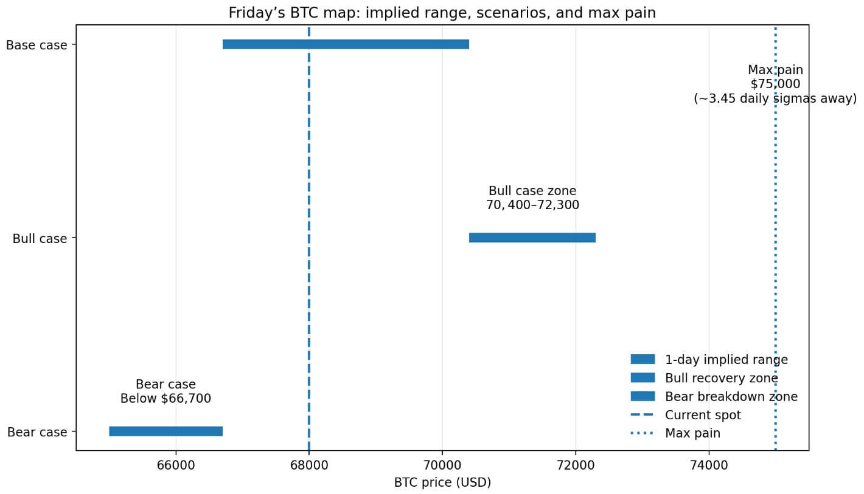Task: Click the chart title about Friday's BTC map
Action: tap(442, 13)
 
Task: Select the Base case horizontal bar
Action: tap(346, 44)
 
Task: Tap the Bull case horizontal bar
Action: tap(532, 238)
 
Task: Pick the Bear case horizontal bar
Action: tap(165, 431)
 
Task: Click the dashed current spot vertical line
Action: tap(309, 152)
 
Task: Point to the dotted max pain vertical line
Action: tap(775, 273)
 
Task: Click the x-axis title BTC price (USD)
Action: tap(442, 483)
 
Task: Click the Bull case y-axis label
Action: tap(40, 239)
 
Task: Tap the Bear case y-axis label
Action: tap(37, 433)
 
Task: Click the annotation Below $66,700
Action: tap(165, 399)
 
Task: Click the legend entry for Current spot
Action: tap(703, 416)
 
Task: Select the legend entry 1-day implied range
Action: tap(726, 360)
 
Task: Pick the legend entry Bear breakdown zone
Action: tap(731, 397)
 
